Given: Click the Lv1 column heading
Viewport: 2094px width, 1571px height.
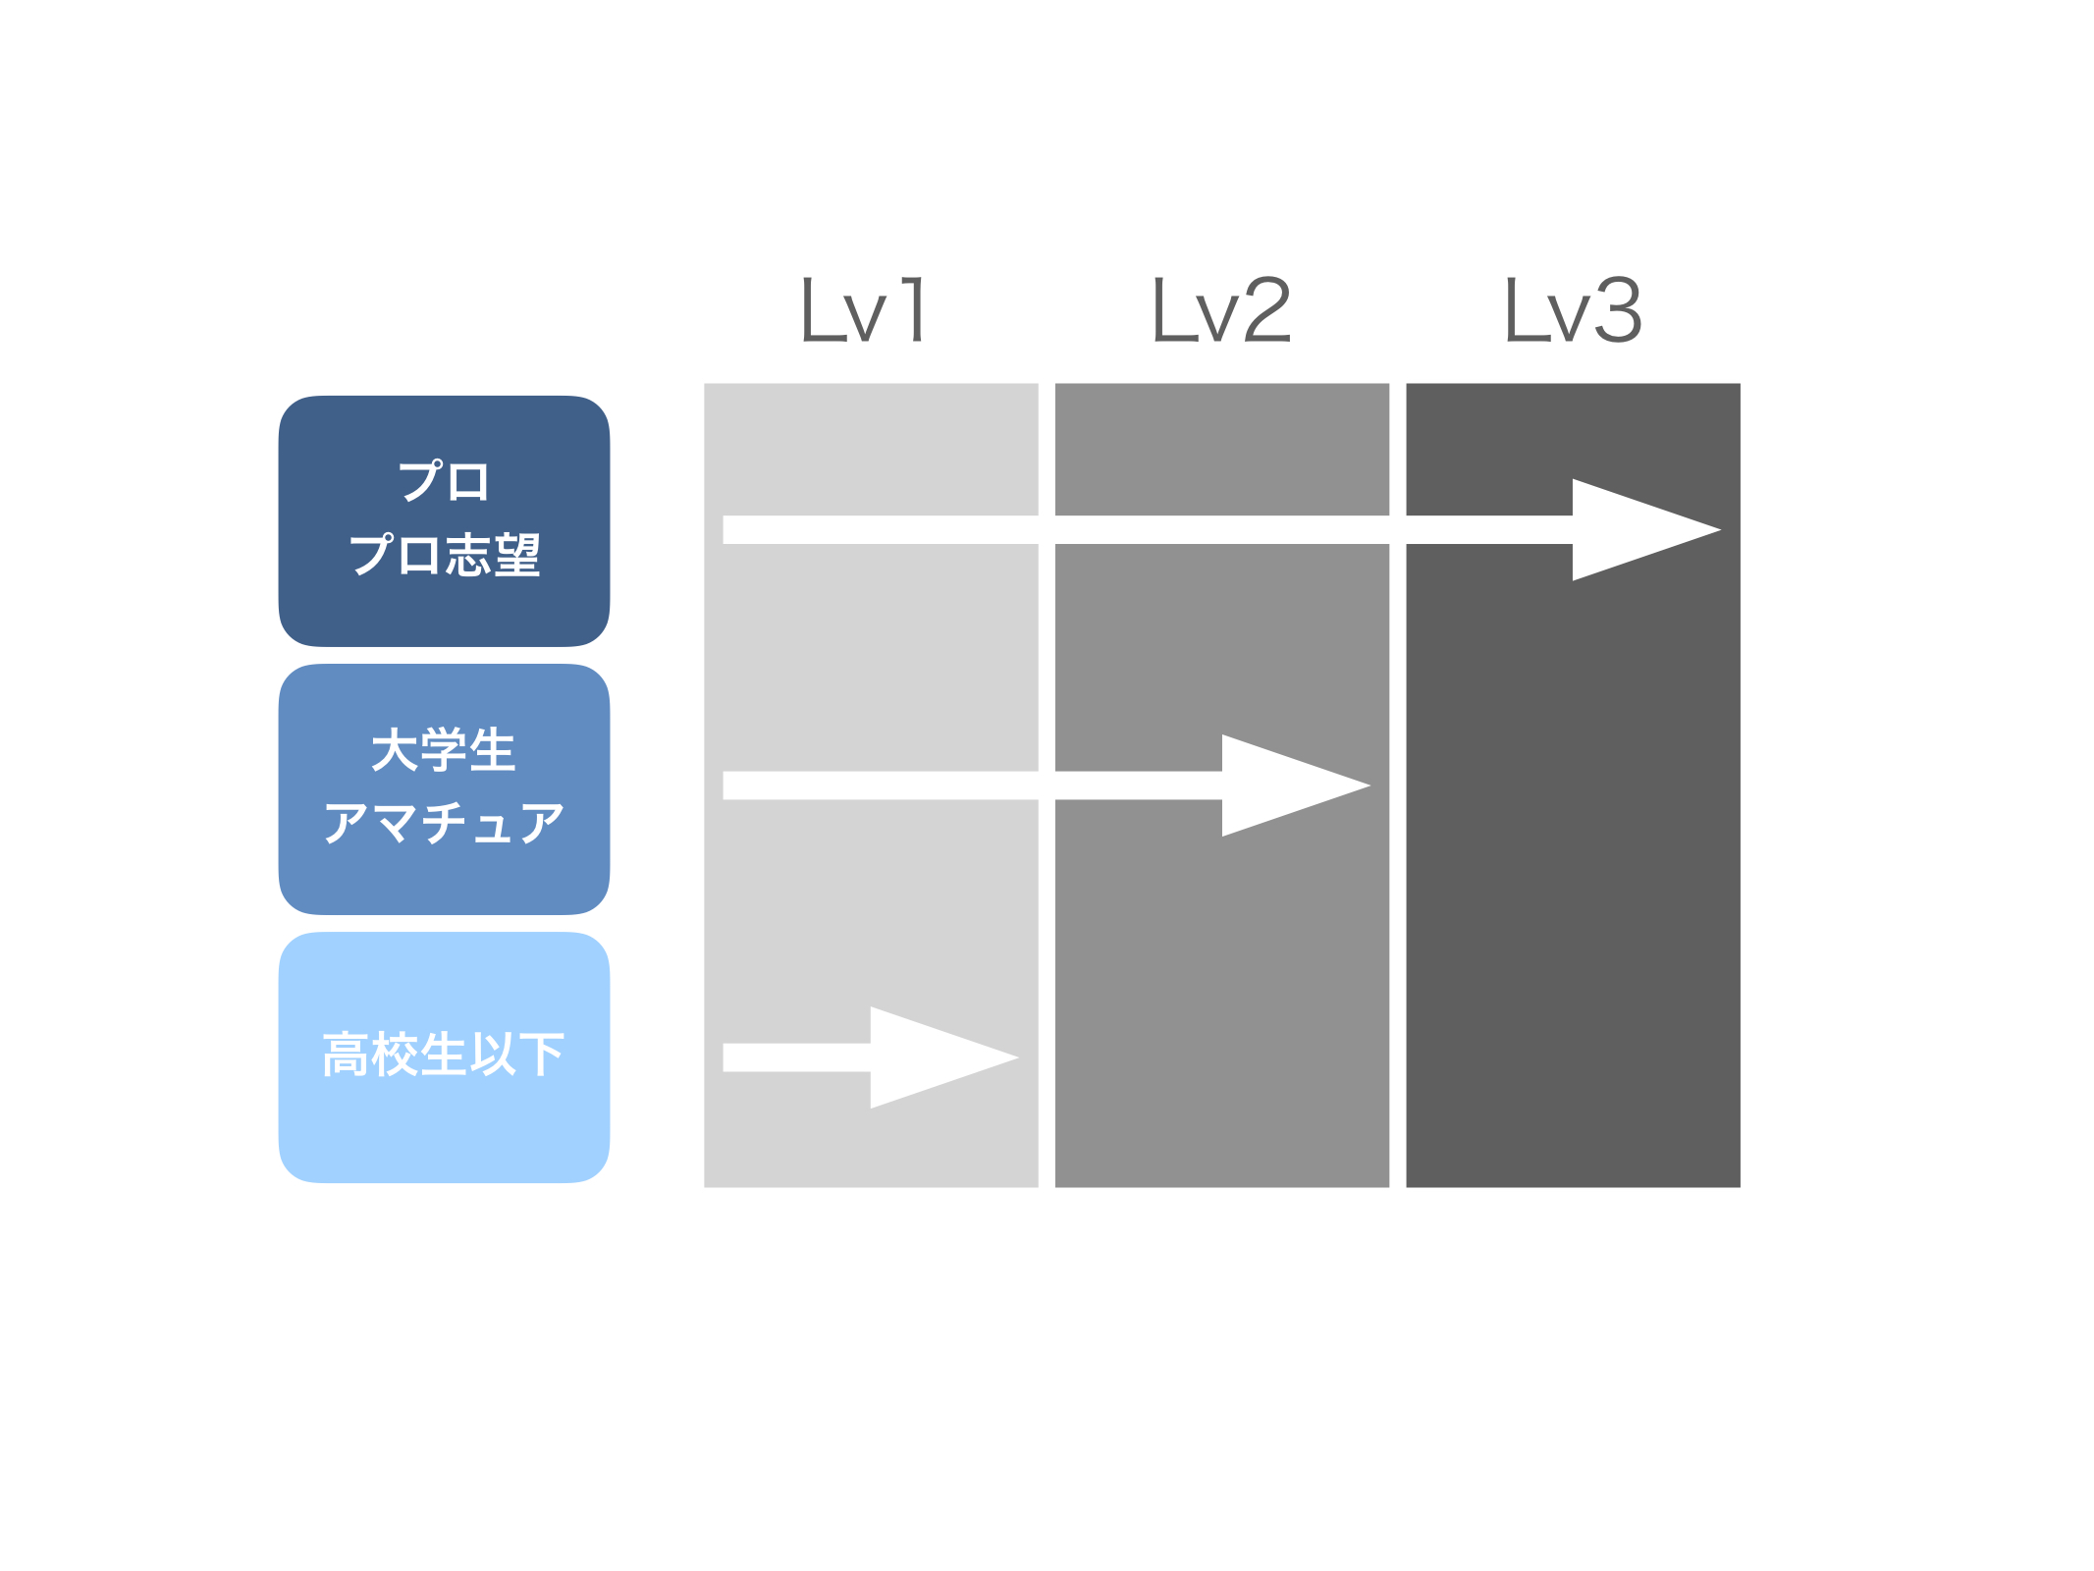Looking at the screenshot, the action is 863,309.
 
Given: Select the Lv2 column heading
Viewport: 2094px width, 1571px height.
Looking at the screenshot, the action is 1221,309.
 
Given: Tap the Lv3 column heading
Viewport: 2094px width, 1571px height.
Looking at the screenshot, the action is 1573,309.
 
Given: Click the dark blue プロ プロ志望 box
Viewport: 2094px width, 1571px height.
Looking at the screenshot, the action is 444,520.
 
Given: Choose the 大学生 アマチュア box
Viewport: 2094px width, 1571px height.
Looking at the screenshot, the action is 444,788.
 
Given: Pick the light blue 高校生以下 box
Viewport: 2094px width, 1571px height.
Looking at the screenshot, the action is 444,1056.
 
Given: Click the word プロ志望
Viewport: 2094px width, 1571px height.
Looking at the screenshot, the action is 445,555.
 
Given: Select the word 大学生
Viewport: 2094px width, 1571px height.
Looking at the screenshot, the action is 444,750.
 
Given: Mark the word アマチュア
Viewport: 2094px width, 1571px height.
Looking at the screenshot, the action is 444,823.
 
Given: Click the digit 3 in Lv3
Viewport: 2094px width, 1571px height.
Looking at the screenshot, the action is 1618,309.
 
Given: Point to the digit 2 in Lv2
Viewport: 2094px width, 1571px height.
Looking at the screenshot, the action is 1267,309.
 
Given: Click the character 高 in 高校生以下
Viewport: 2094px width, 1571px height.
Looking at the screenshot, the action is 347,1055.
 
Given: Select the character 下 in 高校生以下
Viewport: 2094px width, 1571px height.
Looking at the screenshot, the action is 541,1055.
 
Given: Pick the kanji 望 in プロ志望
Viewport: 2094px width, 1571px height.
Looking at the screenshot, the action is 517,555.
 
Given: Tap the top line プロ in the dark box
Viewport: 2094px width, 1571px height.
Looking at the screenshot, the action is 444,481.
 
